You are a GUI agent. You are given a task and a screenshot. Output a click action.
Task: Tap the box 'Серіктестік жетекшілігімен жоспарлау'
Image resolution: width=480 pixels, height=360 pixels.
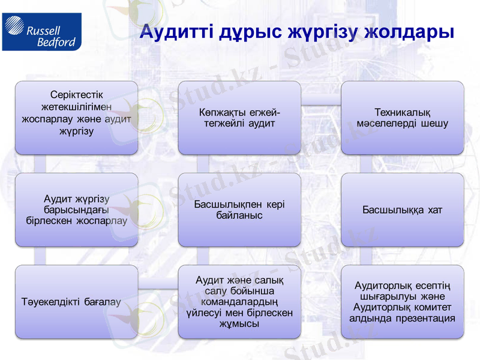76,118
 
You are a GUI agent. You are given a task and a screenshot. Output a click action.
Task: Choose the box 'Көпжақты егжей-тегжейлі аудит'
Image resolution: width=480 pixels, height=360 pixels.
239,118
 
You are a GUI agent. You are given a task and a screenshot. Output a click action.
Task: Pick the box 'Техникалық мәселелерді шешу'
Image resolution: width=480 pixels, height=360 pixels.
402,118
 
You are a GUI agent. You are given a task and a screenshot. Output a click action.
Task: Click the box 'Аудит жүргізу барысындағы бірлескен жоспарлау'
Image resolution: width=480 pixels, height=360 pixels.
76,209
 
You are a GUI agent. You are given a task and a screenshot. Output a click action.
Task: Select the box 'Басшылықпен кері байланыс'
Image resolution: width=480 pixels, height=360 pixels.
239,209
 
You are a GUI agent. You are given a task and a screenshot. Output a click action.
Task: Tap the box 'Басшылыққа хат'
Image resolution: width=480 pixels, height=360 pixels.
402,209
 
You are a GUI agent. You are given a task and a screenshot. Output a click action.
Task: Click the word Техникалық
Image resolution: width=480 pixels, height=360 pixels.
402,112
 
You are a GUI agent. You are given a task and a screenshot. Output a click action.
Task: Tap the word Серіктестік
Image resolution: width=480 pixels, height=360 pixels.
76,95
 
